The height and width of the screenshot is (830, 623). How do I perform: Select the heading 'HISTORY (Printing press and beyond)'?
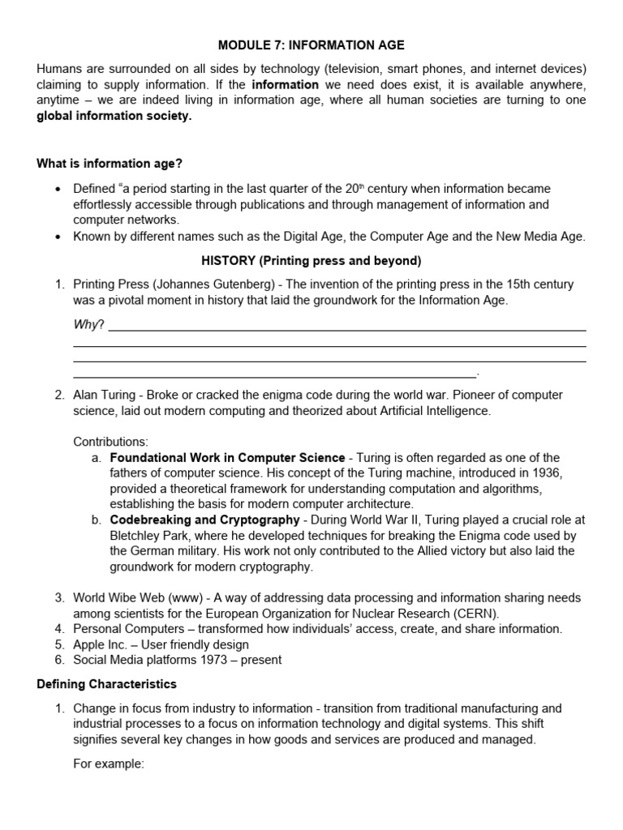click(x=311, y=260)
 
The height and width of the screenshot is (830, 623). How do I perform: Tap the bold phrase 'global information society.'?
click(x=114, y=116)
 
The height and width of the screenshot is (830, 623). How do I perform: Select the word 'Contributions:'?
click(x=111, y=442)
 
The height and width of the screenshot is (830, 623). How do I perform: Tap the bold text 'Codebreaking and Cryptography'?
click(x=204, y=520)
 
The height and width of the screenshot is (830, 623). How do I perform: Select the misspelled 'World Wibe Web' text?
click(x=116, y=598)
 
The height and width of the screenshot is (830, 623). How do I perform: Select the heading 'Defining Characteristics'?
click(x=106, y=684)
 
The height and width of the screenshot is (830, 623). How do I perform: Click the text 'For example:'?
click(x=109, y=763)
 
